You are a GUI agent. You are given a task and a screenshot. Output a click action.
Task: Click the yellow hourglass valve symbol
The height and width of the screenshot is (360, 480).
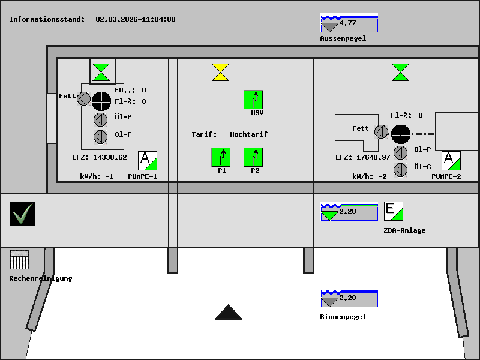point(220,72)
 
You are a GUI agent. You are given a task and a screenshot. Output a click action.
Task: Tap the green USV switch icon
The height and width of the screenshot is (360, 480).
point(253,100)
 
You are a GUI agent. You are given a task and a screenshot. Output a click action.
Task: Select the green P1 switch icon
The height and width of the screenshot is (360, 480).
point(221,157)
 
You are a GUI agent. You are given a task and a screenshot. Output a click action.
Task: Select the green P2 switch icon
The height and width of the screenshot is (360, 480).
point(253,157)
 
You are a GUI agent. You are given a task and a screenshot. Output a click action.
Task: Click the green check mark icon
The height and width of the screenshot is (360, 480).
point(22,214)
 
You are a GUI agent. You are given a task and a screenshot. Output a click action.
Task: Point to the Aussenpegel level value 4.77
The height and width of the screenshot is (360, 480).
point(347,23)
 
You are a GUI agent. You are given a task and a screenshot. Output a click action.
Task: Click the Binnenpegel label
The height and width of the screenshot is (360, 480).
point(343,317)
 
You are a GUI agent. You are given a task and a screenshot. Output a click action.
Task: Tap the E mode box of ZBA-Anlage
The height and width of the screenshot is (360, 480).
point(393,211)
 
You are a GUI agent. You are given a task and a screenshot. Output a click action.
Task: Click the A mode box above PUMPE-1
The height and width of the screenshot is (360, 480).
point(148,161)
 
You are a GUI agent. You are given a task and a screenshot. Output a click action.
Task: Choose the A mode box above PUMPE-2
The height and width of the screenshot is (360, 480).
point(451,161)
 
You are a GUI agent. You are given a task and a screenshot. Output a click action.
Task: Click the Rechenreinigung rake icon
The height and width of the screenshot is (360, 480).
point(19,260)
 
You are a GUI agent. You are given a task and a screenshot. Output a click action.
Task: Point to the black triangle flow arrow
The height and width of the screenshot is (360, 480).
point(229,313)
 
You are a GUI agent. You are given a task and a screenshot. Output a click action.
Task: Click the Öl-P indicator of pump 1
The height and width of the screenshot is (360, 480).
point(100,118)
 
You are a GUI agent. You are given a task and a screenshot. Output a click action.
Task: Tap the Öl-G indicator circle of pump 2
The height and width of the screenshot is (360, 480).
point(400,170)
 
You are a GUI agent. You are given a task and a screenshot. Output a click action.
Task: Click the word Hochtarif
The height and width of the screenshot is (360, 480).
point(248,134)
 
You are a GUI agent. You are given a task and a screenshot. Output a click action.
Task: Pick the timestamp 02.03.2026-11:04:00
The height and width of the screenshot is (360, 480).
point(136,19)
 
